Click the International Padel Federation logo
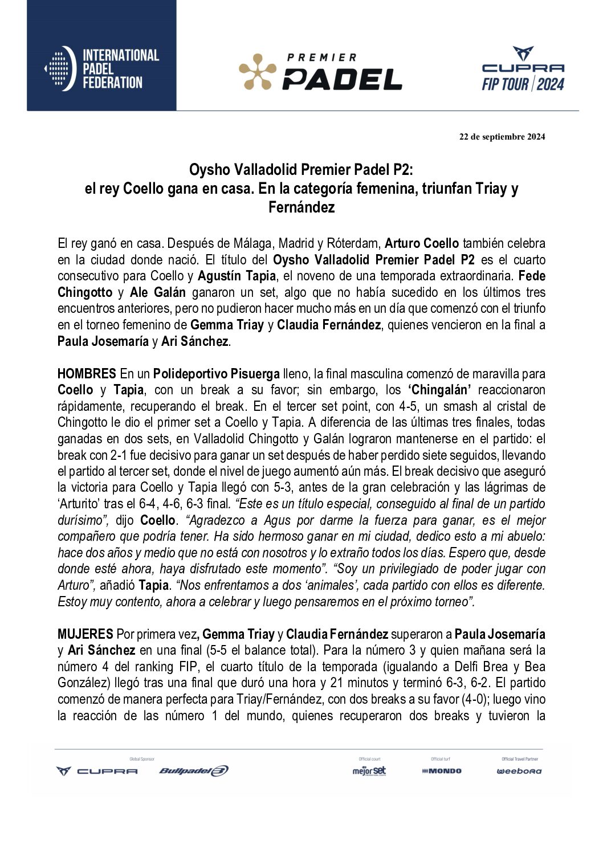click(x=101, y=69)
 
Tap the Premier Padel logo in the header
click(x=320, y=72)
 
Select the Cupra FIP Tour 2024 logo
click(x=523, y=70)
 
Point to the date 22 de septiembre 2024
click(x=502, y=137)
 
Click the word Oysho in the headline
click(x=208, y=170)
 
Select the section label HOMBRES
click(x=87, y=374)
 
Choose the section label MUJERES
click(x=85, y=634)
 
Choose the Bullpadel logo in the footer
click(x=194, y=771)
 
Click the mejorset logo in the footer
click(x=369, y=771)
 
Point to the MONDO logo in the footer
click(x=442, y=771)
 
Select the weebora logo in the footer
click(x=519, y=771)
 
